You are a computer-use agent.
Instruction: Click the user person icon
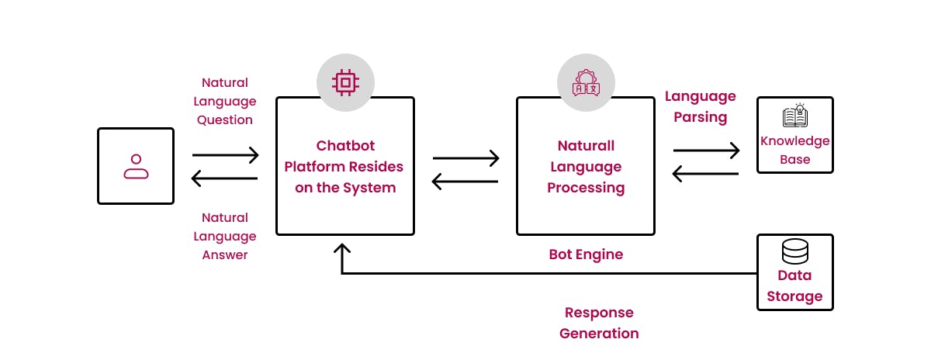[x=136, y=166]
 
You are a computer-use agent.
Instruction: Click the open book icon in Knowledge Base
[x=794, y=116]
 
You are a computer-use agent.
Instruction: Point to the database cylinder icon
[x=794, y=251]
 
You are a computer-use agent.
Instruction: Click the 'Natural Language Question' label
[x=224, y=101]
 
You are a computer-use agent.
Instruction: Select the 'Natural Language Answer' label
[x=224, y=236]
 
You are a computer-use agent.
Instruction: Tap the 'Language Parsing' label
[x=700, y=106]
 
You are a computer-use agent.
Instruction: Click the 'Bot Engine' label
[x=586, y=254]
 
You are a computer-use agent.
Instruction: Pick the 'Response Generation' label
[x=599, y=323]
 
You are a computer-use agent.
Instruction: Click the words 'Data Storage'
[x=794, y=286]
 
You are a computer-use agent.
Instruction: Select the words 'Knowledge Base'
[x=794, y=150]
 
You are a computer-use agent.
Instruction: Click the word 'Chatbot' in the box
[x=344, y=145]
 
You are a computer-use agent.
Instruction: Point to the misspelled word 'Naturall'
[x=586, y=145]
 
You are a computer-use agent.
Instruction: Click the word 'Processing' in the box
[x=586, y=187]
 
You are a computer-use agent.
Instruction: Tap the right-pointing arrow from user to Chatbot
[x=225, y=155]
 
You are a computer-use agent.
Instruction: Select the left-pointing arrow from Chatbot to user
[x=225, y=179]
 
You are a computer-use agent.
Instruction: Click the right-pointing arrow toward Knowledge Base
[x=706, y=150]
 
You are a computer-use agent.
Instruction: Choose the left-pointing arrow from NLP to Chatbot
[x=465, y=182]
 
